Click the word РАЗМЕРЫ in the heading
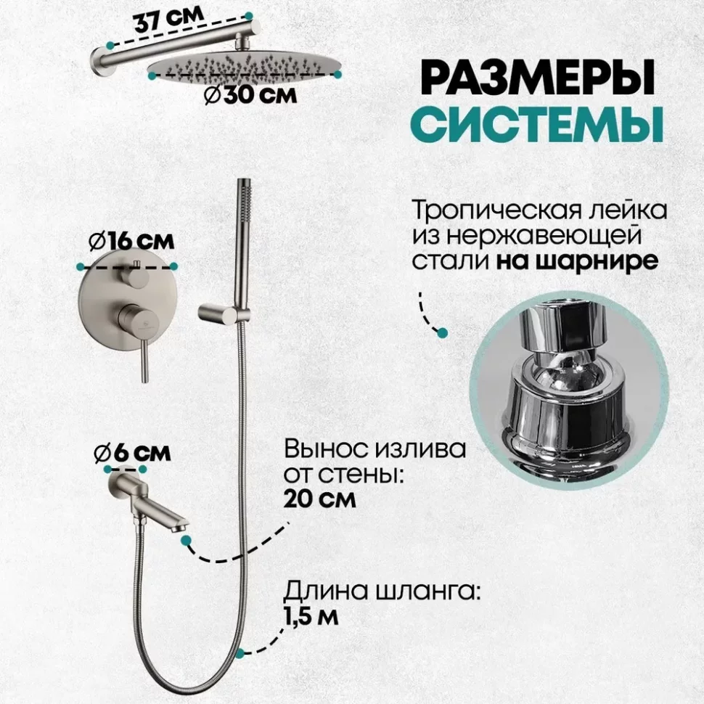pos(537,78)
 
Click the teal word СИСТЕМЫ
pos(536,124)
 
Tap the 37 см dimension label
pos(169,20)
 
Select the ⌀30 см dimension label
pos(250,95)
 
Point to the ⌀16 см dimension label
pos(131,242)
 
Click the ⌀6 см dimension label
pos(132,453)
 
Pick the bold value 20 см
pos(319,499)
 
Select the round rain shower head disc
pos(245,67)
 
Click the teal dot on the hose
pos(240,653)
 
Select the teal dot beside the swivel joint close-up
pos(442,332)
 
